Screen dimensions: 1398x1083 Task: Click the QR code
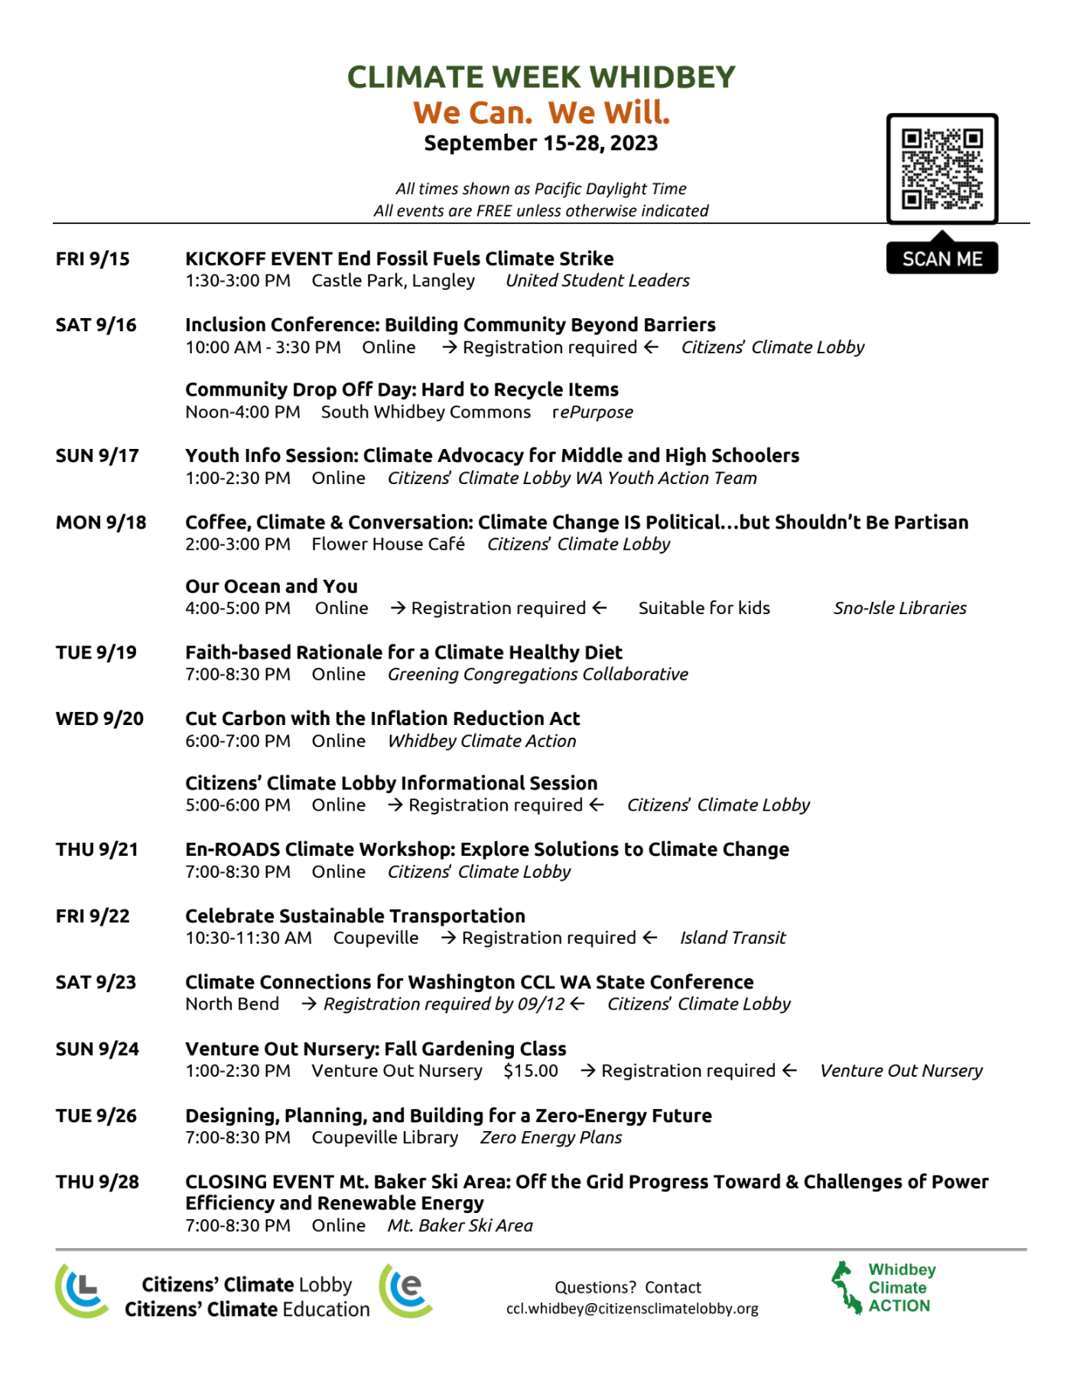942,169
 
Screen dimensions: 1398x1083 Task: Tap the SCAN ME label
942,259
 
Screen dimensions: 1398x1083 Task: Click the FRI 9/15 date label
93,259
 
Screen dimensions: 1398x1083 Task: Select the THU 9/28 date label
97,1182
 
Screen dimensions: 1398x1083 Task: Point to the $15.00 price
531,1071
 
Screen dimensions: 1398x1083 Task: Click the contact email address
632,1309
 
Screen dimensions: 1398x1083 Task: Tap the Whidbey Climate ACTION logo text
901,1288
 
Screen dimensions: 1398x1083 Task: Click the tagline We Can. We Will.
541,112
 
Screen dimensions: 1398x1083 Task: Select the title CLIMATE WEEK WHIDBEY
541,77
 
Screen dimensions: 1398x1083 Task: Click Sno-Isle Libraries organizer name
899,608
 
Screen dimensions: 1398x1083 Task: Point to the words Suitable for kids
704,608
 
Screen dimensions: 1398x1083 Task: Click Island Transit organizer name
733,938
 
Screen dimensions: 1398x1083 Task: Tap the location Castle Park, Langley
393,281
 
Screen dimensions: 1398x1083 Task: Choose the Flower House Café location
388,544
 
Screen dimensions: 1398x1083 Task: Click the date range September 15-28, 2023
541,143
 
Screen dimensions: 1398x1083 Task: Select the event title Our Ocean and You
272,587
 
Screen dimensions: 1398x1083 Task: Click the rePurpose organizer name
593,412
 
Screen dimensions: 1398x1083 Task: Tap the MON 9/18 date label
101,522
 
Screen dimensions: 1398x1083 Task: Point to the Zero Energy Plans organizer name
551,1137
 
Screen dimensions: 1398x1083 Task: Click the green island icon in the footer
846,1287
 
